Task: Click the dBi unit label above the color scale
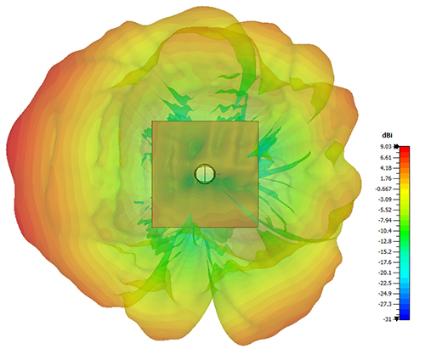click(x=387, y=136)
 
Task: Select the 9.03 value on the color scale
click(x=386, y=147)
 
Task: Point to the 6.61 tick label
click(x=386, y=157)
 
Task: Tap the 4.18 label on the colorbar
click(x=386, y=168)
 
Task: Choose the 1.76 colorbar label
click(x=386, y=178)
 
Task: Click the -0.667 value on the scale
click(x=383, y=188)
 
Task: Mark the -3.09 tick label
click(x=385, y=200)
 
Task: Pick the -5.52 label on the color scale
click(x=385, y=210)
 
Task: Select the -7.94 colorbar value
click(x=385, y=220)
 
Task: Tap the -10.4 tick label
click(x=385, y=231)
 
